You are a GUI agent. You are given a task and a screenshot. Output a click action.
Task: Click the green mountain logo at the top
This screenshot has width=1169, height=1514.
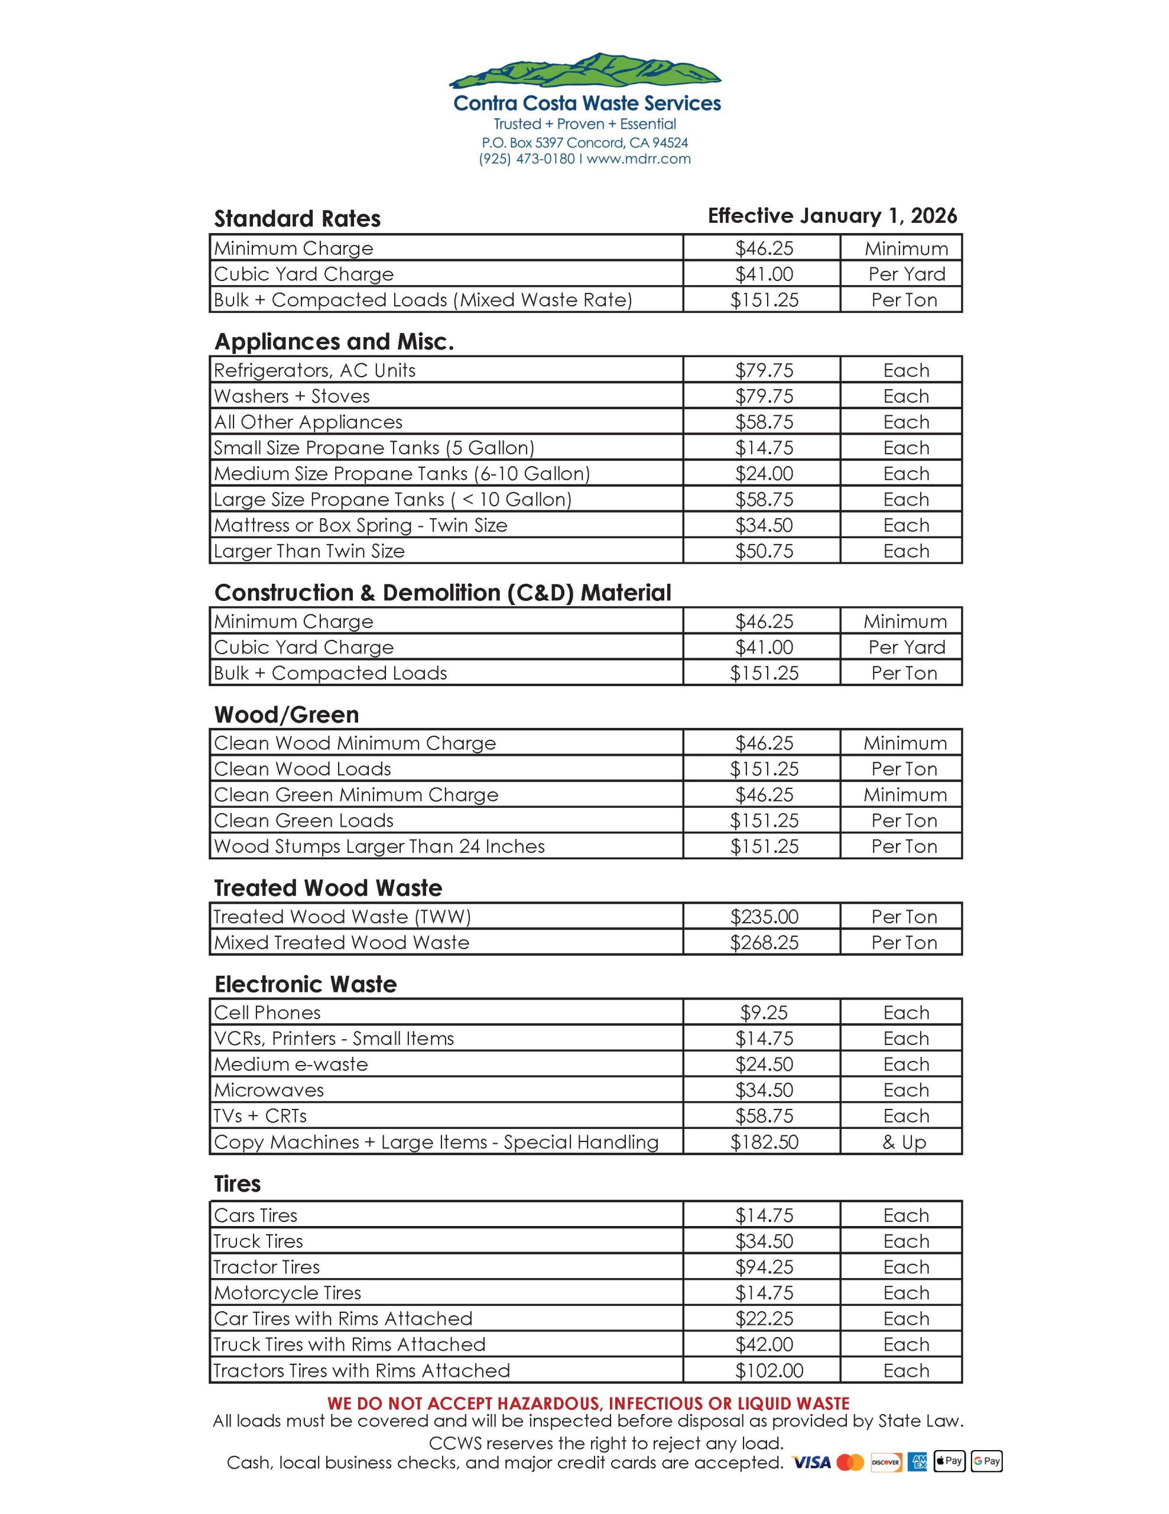(x=585, y=71)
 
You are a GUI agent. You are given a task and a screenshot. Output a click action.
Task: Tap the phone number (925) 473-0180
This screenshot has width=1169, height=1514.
(x=527, y=158)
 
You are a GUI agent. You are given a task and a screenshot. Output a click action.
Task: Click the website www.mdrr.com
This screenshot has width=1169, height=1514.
(x=638, y=158)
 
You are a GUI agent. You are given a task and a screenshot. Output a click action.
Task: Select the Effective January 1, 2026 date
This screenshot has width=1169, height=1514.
(x=832, y=216)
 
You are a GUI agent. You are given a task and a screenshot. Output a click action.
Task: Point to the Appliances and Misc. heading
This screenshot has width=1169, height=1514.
(x=334, y=341)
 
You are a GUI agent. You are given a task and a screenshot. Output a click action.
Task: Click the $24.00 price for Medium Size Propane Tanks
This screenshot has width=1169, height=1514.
(x=764, y=474)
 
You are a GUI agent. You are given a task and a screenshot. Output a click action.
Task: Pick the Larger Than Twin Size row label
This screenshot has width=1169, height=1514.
(x=309, y=551)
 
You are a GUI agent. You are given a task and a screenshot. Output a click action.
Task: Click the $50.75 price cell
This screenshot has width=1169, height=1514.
(x=764, y=551)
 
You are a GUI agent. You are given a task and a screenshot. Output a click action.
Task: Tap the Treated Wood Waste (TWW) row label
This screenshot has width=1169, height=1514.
(x=342, y=917)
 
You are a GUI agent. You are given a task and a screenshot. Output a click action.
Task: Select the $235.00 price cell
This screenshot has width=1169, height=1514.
(x=764, y=917)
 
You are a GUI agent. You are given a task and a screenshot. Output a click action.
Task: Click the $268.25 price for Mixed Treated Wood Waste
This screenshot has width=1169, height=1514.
(x=764, y=942)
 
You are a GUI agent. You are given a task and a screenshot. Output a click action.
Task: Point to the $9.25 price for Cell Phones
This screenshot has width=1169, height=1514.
(x=764, y=1013)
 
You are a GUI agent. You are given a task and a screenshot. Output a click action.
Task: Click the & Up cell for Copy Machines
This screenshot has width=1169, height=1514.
(x=904, y=1142)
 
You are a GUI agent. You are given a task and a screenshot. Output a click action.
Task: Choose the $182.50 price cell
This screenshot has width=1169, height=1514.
(x=764, y=1142)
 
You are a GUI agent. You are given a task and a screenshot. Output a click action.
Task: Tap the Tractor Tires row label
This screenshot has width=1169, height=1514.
(x=267, y=1267)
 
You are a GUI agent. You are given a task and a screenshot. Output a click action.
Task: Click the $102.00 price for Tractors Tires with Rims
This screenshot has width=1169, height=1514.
(x=768, y=1370)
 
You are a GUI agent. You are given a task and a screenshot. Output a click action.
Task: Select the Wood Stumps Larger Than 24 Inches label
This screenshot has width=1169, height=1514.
(x=379, y=846)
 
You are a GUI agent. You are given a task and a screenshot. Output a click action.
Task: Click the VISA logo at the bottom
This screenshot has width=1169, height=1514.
(x=811, y=1462)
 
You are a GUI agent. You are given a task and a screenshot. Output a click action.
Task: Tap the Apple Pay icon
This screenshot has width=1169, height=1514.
(x=949, y=1461)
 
